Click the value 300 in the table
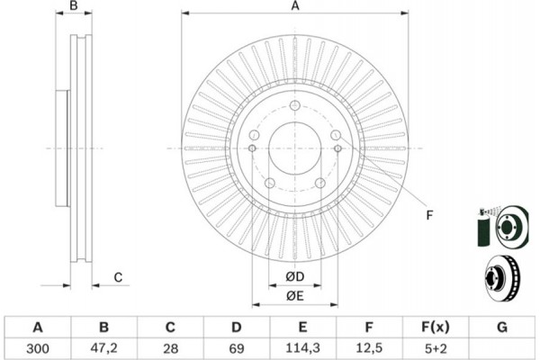(38, 348)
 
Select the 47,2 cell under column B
(104, 348)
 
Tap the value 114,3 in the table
(302, 348)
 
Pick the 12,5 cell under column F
(369, 348)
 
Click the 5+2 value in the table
(436, 348)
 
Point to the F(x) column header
(436, 327)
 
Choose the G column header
(502, 327)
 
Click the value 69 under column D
(236, 348)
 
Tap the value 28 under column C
(170, 348)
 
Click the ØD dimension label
(295, 276)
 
